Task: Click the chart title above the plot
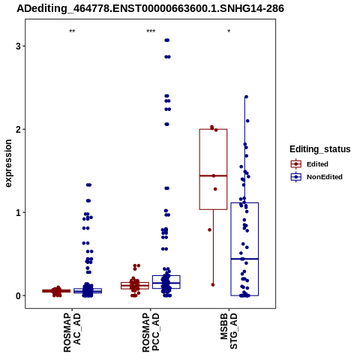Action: (x=150, y=9)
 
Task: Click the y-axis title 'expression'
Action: (x=8, y=163)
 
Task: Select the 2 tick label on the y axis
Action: (x=18, y=129)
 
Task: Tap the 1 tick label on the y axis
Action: (x=18, y=212)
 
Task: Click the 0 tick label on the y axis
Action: (x=18, y=295)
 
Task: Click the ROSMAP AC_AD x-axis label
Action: (x=72, y=332)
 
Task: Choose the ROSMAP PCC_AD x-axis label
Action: (x=151, y=332)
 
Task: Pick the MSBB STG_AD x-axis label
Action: (x=229, y=331)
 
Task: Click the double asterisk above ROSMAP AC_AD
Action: (x=72, y=31)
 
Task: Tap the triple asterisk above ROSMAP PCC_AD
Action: (x=151, y=31)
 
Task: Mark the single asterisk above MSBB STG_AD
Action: (x=229, y=31)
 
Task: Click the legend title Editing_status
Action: (x=320, y=149)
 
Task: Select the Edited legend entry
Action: (x=310, y=164)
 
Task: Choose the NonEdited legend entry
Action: (x=316, y=177)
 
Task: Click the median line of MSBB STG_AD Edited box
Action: (x=213, y=175)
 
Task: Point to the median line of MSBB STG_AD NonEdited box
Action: (x=244, y=259)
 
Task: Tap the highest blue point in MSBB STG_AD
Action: (x=246, y=97)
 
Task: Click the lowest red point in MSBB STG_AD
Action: (x=213, y=285)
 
